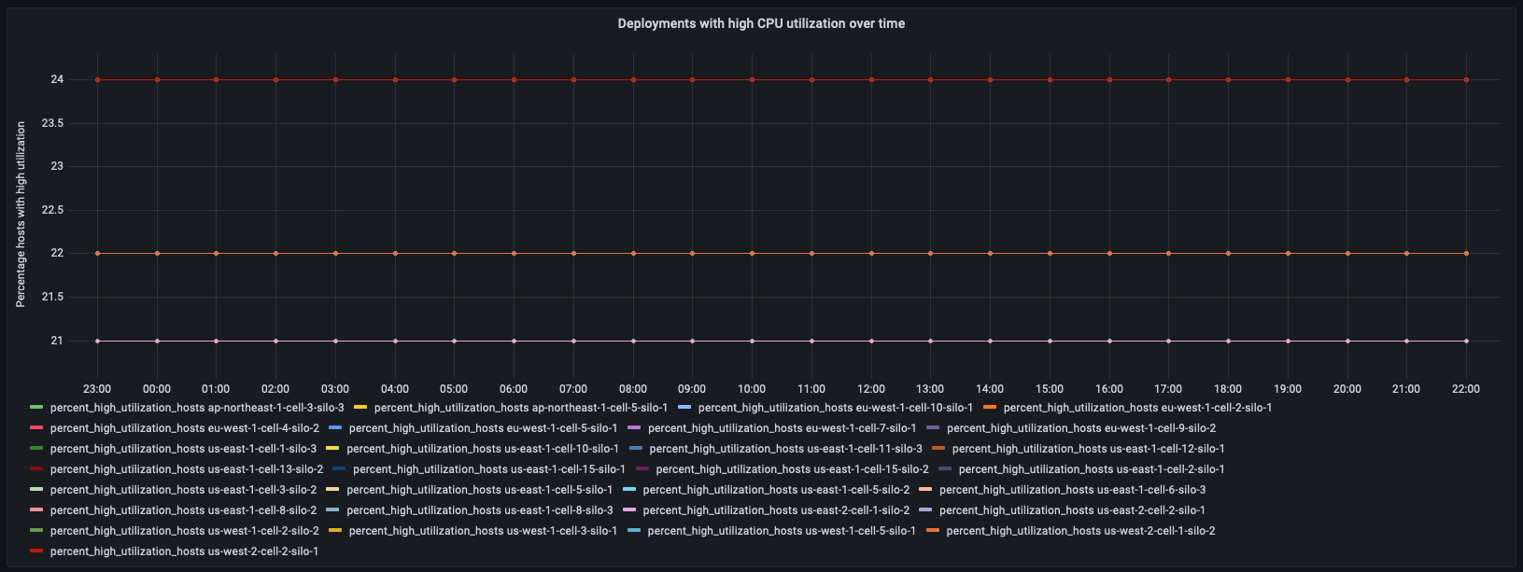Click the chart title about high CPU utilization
coord(761,23)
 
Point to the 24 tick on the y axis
coord(57,79)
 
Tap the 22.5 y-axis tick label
coord(51,210)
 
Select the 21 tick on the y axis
coord(57,341)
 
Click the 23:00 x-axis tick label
coord(97,389)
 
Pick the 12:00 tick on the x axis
coord(870,389)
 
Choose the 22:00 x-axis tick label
coord(1466,389)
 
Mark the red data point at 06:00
coord(514,79)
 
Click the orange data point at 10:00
coord(752,253)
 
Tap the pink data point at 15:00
coord(1050,341)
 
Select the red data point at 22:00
coord(1466,79)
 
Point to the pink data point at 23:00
coord(97,341)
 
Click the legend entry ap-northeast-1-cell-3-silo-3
coord(196,408)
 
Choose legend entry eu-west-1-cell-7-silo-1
coord(782,428)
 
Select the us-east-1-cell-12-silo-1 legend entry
coord(1088,449)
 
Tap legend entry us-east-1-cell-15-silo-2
coord(792,469)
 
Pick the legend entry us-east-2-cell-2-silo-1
coord(1072,510)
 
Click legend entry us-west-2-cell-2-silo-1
coord(184,551)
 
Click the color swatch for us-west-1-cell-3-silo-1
coord(335,531)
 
